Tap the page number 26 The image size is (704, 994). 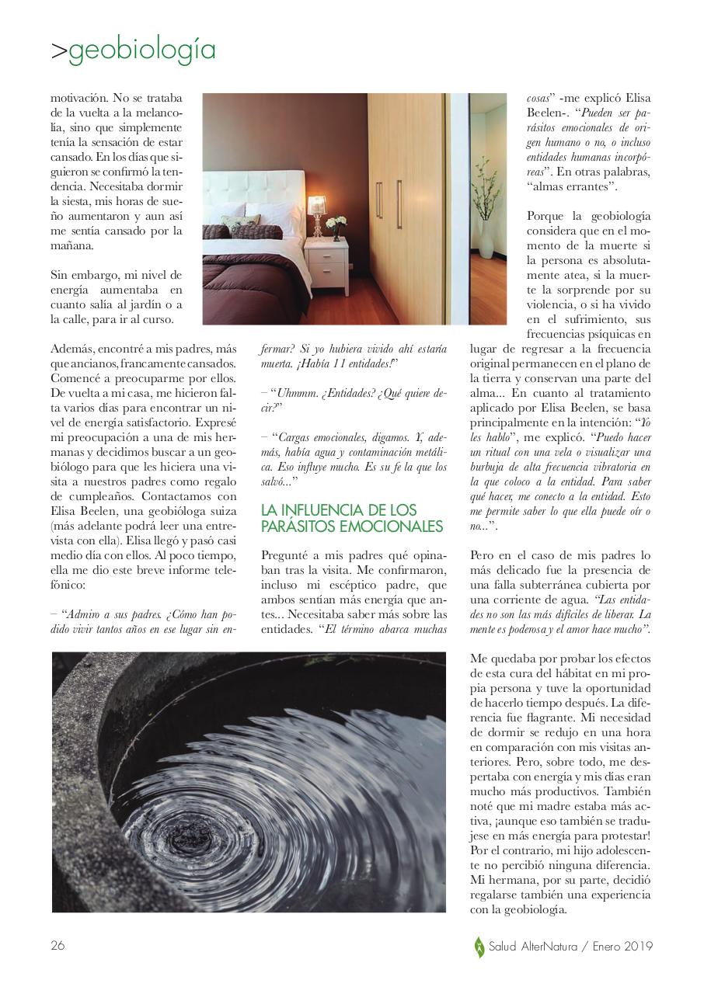pyautogui.click(x=58, y=945)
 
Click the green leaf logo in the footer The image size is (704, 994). pyautogui.click(x=479, y=946)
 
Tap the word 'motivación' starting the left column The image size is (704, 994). pyautogui.click(x=78, y=99)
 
